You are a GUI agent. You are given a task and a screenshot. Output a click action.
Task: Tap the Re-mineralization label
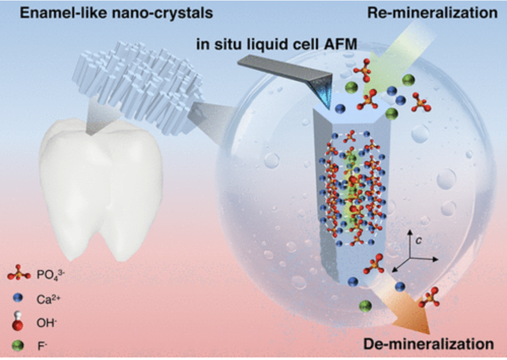(432, 13)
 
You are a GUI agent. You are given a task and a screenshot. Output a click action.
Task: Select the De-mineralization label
(428, 344)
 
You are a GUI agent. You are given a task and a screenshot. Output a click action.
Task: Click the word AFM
(340, 44)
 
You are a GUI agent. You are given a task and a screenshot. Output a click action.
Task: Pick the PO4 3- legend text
(51, 275)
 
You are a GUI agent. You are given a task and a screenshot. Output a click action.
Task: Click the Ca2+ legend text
(48, 299)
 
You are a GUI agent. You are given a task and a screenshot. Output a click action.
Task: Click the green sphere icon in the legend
(18, 346)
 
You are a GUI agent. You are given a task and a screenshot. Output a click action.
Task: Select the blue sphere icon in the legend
(18, 298)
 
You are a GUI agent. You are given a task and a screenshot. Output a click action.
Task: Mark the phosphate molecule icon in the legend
(19, 274)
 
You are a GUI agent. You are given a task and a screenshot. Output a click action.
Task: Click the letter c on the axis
(419, 241)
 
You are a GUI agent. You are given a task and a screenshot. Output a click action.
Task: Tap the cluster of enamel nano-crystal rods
(139, 87)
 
